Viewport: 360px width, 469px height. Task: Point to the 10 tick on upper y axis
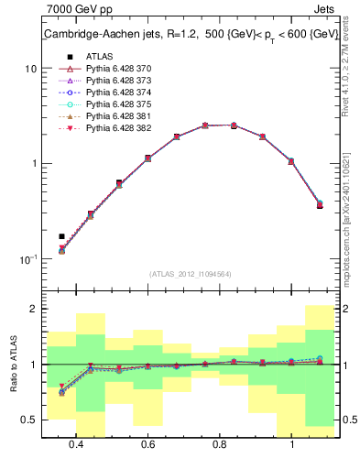(30, 69)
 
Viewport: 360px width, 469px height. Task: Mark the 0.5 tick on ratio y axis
(29, 420)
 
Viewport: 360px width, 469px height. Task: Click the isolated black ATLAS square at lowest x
(61, 236)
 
